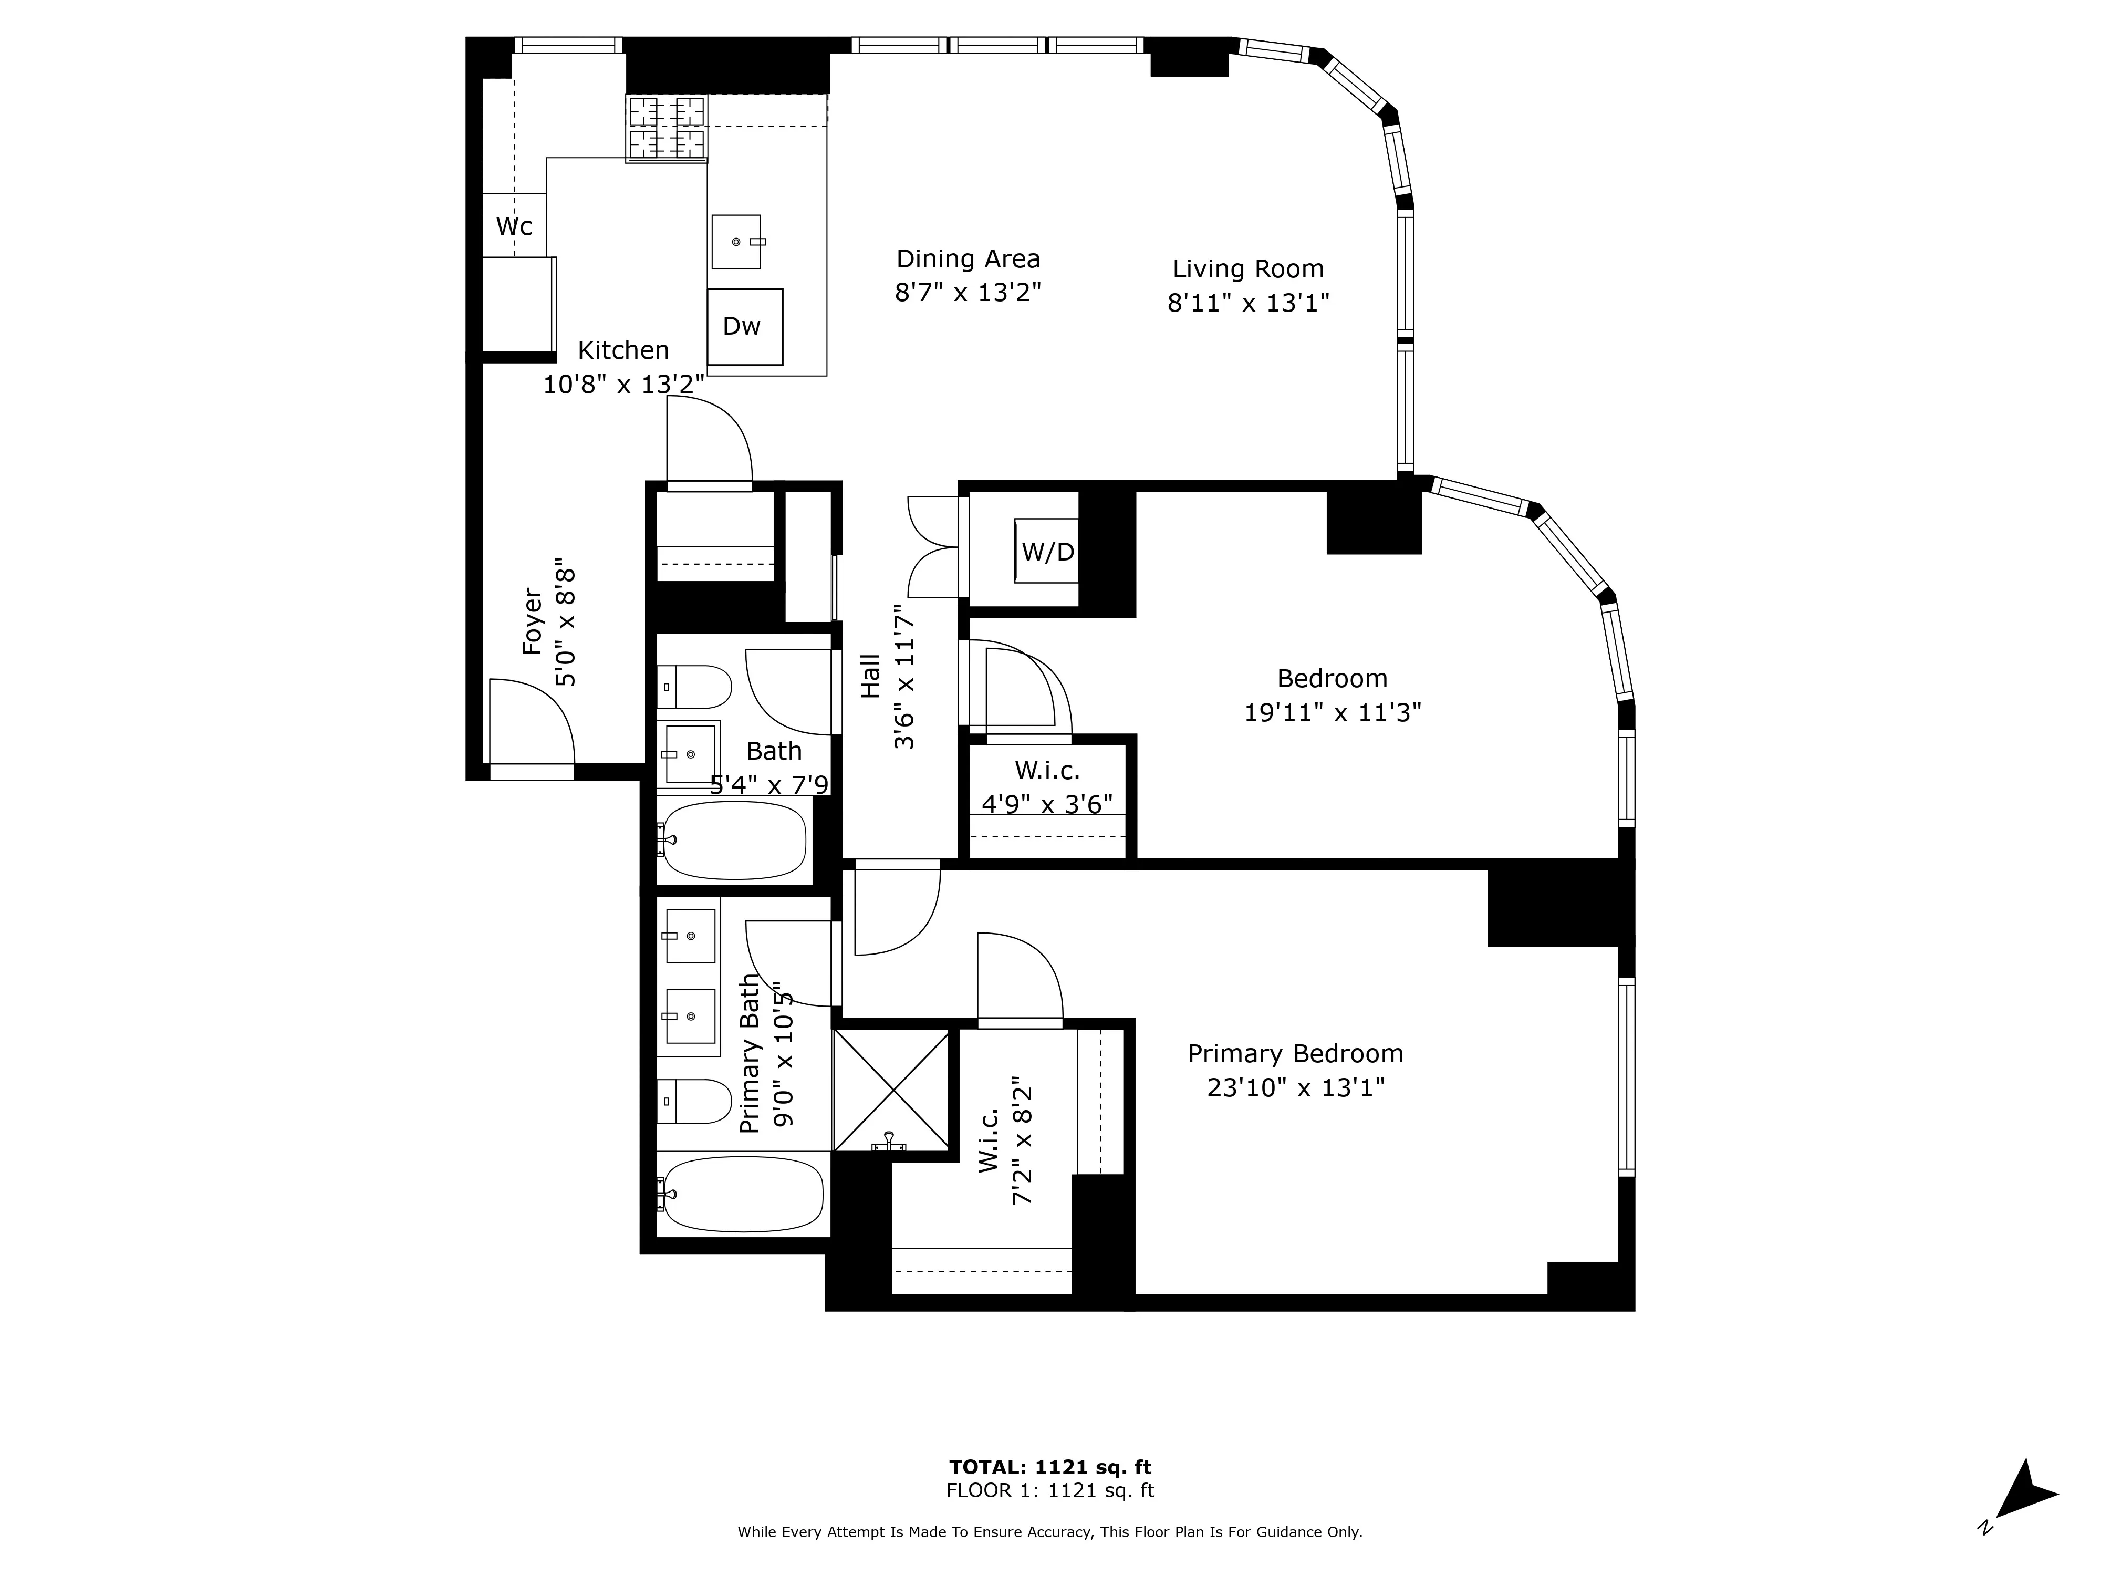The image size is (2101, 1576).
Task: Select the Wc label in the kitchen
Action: [x=514, y=226]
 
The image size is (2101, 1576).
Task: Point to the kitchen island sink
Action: [x=737, y=241]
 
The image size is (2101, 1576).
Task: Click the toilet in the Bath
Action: [x=698, y=687]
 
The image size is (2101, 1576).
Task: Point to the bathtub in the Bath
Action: [x=734, y=841]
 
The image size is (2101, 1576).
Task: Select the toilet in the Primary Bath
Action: [x=696, y=1101]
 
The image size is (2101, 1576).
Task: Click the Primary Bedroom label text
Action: [x=1295, y=1053]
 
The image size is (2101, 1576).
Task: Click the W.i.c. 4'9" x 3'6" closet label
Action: [x=1047, y=786]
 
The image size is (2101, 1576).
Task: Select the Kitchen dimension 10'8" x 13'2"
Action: [x=623, y=384]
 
